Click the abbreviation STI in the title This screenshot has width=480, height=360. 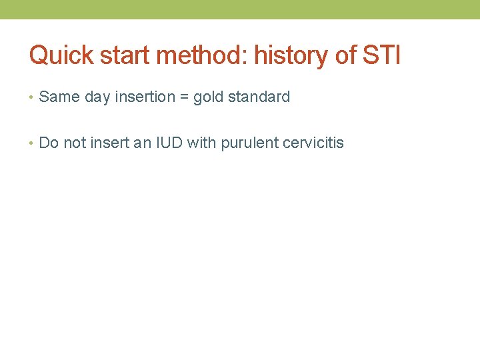[x=381, y=55]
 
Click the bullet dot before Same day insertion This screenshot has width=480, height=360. [x=32, y=97]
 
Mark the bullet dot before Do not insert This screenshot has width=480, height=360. [x=32, y=143]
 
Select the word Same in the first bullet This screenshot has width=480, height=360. [x=59, y=97]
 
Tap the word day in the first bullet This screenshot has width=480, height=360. [x=97, y=97]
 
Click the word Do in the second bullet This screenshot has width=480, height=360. [x=49, y=143]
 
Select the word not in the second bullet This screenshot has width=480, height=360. [x=75, y=143]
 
